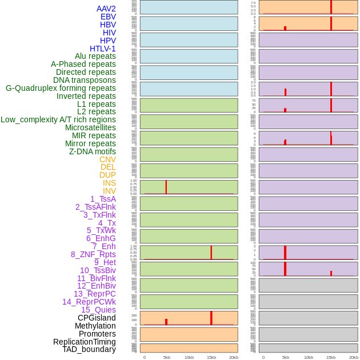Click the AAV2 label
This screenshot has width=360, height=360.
106,9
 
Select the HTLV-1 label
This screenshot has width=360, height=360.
103,49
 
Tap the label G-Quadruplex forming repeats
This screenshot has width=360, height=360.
61,89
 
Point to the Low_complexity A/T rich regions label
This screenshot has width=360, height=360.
58,119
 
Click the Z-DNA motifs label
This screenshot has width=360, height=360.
93,151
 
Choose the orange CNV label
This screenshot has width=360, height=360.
107,159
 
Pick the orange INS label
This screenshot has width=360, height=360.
109,183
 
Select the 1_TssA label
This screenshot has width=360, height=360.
103,199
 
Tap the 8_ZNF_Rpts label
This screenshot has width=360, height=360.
93,254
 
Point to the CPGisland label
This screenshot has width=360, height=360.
97,318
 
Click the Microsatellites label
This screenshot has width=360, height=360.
90,127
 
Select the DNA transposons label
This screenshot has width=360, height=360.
85,80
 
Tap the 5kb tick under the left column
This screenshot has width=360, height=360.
167,357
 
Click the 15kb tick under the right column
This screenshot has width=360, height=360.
331,357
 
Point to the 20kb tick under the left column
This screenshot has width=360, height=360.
234,357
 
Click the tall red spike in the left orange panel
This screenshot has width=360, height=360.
211,318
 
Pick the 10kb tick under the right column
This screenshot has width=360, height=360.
308,357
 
